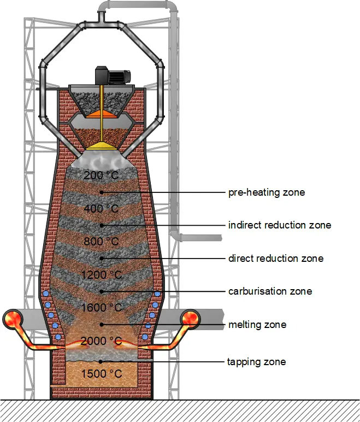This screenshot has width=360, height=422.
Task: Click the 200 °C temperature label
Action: pos(101,175)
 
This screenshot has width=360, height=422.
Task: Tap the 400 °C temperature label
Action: pos(101,209)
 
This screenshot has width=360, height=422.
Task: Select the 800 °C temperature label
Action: pos(101,242)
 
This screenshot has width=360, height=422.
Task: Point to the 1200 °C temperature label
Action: pos(102,275)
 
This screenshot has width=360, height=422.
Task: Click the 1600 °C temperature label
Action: pos(102,308)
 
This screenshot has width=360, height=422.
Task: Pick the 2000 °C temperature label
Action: pos(102,341)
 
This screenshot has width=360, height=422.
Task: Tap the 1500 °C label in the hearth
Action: pos(102,374)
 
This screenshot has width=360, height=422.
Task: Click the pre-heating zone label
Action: pos(267,193)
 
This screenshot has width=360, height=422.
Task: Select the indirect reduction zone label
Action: pos(280,225)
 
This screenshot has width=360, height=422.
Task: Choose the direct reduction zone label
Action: pos(276,259)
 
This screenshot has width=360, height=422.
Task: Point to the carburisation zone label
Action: pos(270,291)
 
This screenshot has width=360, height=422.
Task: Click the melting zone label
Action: pos(257,325)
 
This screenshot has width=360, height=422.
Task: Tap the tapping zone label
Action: pos(256,362)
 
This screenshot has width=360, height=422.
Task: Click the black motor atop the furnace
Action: pos(113,75)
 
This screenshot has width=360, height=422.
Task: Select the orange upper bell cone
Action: pos(102,114)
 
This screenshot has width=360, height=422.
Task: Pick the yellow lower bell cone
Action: pos(102,146)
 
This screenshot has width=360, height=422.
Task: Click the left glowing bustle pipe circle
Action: pos(13,319)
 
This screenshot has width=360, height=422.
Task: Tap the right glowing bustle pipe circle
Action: pos(191,319)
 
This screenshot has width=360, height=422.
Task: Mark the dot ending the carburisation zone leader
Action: pos(102,291)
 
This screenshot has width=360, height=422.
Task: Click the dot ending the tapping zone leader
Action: pos(101,362)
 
